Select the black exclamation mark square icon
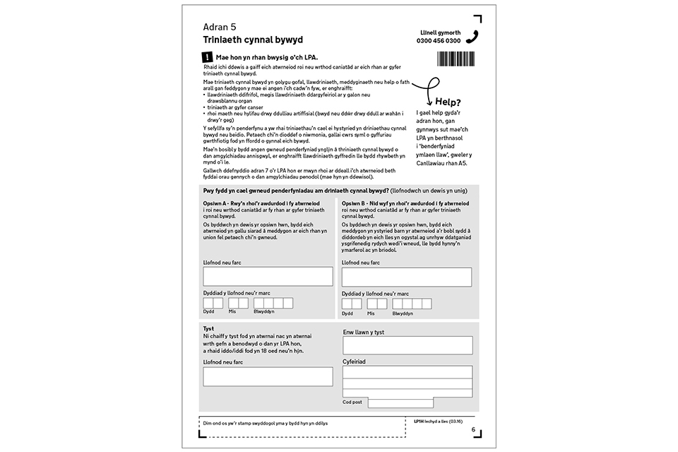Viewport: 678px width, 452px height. (207, 56)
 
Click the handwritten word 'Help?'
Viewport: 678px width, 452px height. (448, 101)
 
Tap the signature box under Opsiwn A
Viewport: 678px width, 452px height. (267, 276)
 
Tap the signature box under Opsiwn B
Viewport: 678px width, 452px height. (406, 276)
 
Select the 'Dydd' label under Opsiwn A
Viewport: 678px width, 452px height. (209, 312)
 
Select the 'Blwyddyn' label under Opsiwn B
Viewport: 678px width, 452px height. (403, 313)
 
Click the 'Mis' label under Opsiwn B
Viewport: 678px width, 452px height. (371, 313)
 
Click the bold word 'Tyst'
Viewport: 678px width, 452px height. (208, 328)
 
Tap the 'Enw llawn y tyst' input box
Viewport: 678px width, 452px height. (408, 345)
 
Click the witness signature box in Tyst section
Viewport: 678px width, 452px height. (267, 376)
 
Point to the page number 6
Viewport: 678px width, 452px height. (474, 429)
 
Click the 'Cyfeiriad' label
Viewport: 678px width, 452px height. (355, 361)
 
